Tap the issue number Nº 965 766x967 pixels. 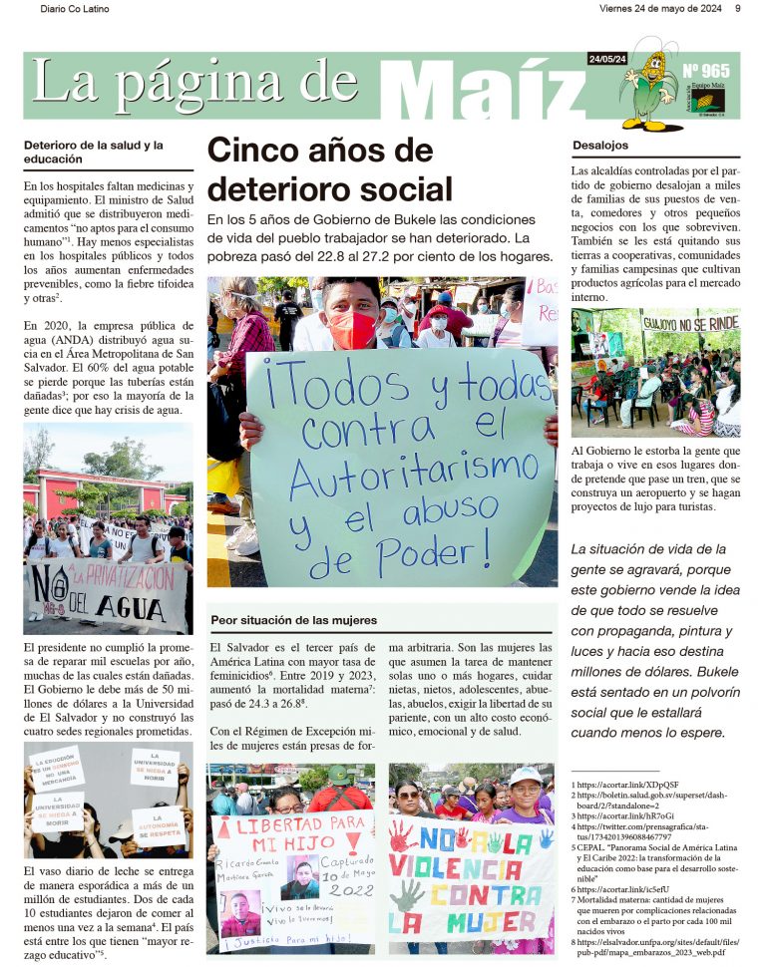(x=706, y=71)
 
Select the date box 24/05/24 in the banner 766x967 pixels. (x=607, y=60)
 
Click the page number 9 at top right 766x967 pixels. (x=737, y=9)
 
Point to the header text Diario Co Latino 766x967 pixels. (x=76, y=9)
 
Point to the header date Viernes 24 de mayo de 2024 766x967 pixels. (x=659, y=9)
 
